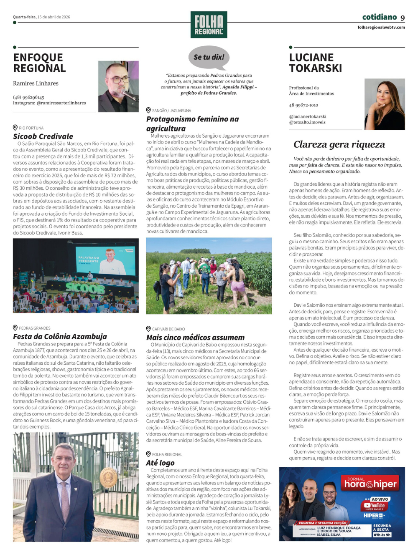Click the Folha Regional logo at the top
pyautogui.click(x=209, y=25)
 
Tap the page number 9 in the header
pyautogui.click(x=403, y=18)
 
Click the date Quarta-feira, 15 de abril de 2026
pyautogui.click(x=41, y=17)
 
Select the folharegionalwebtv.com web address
pyautogui.click(x=381, y=28)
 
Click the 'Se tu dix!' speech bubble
pyautogui.click(x=209, y=57)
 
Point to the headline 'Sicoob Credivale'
pyautogui.click(x=43, y=136)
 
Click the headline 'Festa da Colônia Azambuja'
pyautogui.click(x=60, y=337)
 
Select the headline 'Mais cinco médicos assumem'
pyautogui.click(x=195, y=338)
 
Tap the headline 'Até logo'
pyautogui.click(x=160, y=463)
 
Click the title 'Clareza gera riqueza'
pyautogui.click(x=339, y=144)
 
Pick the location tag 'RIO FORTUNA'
pyautogui.click(x=31, y=128)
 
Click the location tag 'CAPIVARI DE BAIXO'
pyautogui.click(x=168, y=329)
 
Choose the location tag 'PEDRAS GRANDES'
pyautogui.click(x=34, y=328)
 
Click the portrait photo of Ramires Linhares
pyautogui.click(x=118, y=86)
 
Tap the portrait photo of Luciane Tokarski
pyautogui.click(x=385, y=104)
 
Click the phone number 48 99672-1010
pyautogui.click(x=303, y=105)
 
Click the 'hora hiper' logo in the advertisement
pyautogui.click(x=370, y=484)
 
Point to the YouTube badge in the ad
pyautogui.click(x=374, y=506)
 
